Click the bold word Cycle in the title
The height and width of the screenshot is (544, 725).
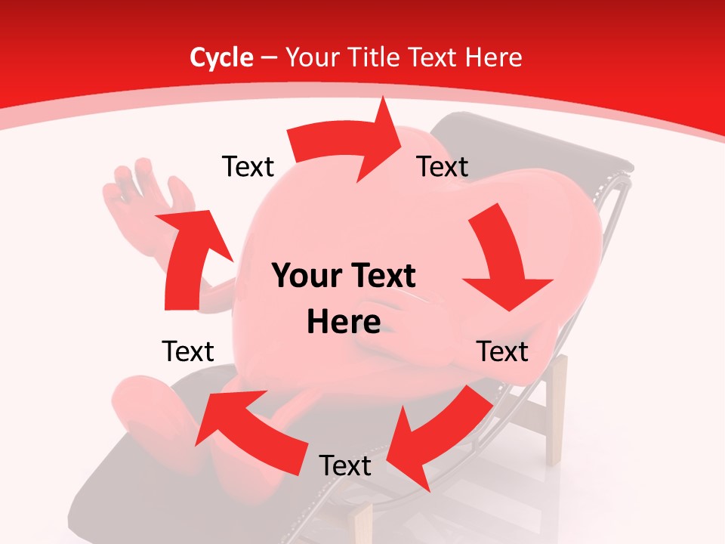click(221, 57)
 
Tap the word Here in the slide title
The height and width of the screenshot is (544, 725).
click(494, 57)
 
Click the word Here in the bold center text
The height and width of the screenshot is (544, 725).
click(344, 323)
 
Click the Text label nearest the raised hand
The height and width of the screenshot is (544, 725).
click(248, 166)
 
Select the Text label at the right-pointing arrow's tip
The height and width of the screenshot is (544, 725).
click(443, 166)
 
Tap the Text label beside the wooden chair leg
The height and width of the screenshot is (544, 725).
click(502, 351)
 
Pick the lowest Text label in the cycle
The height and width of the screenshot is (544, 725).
click(345, 465)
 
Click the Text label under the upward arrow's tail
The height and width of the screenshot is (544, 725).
click(188, 351)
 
